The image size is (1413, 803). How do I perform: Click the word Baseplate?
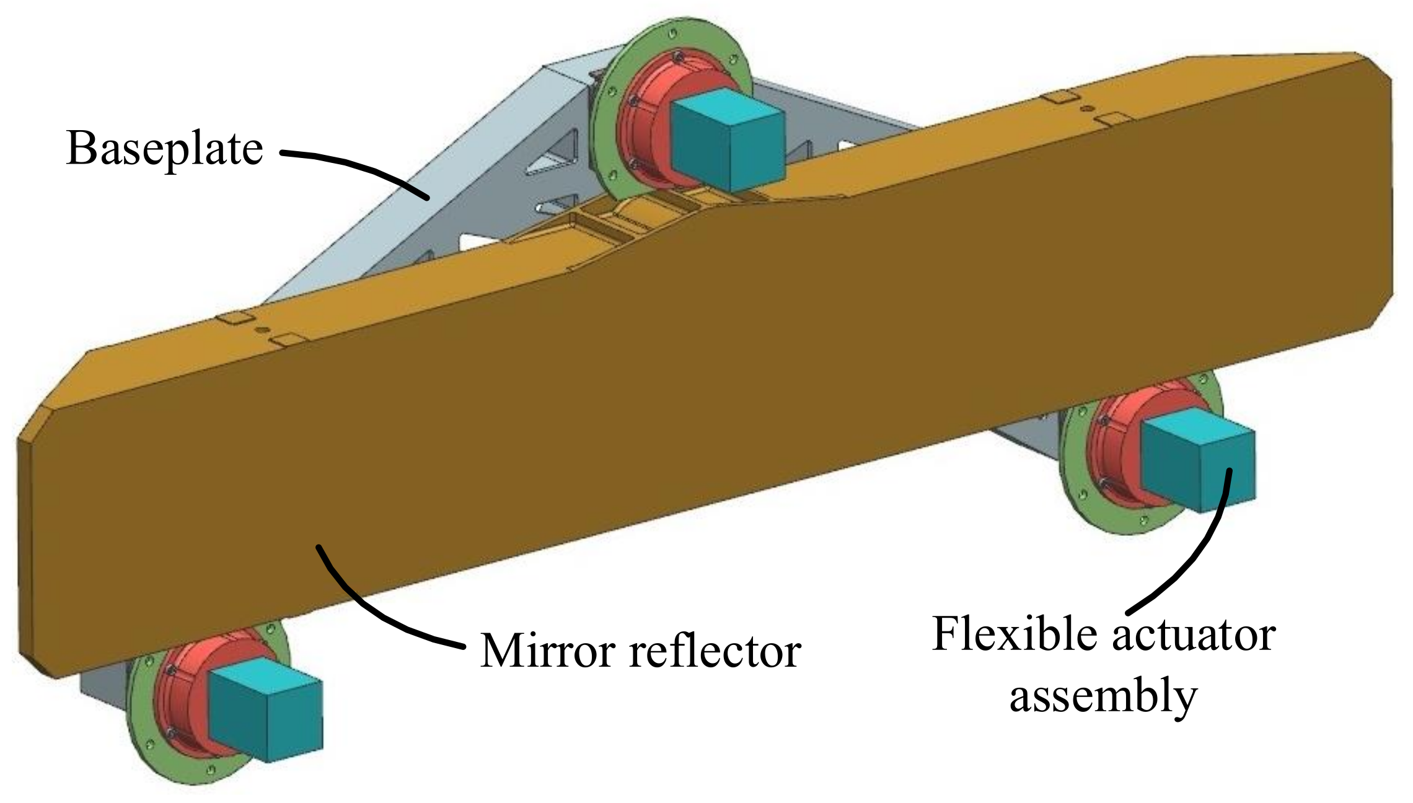point(164,149)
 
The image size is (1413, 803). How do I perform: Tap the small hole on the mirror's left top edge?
point(263,330)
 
